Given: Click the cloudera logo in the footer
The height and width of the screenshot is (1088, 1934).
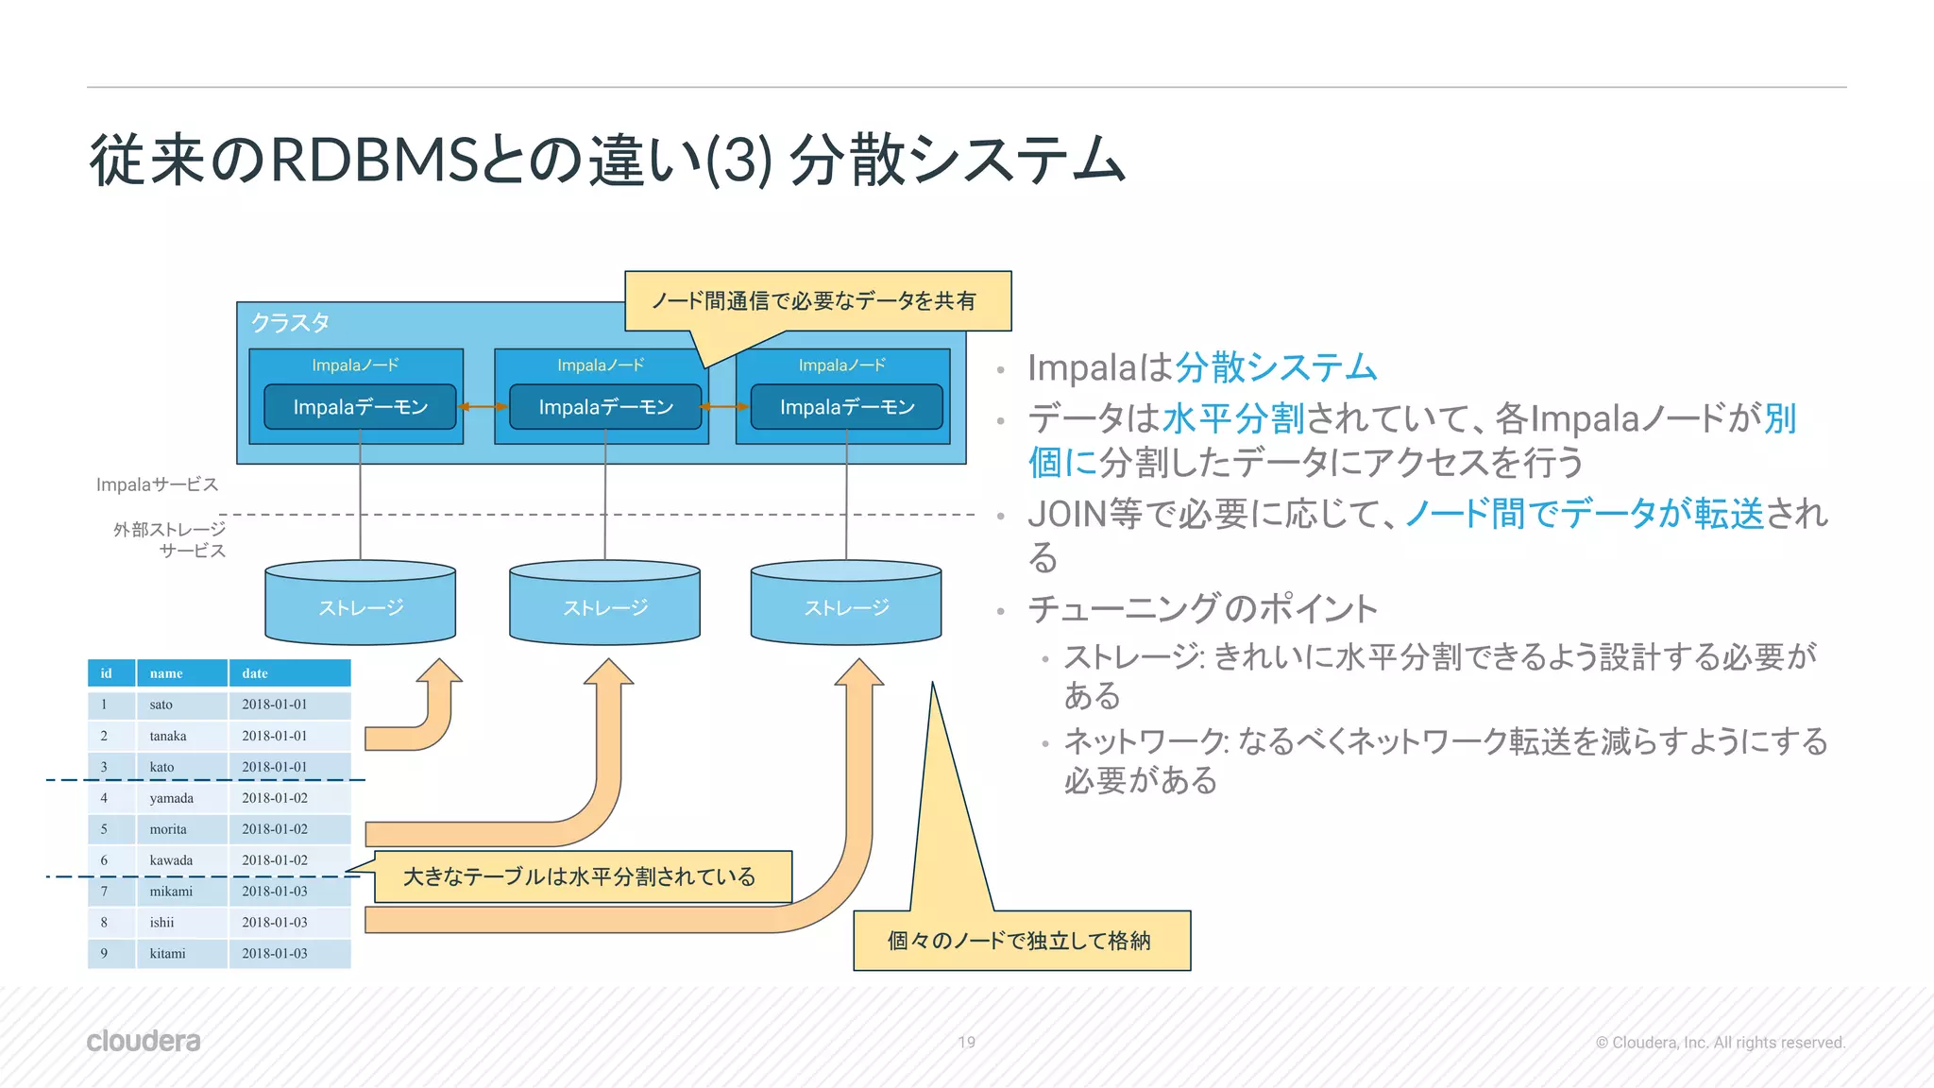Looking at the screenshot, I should click(x=144, y=1041).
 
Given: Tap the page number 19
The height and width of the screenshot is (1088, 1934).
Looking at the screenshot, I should click(x=966, y=1042).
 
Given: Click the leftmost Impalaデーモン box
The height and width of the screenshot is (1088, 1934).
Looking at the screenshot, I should click(x=360, y=407).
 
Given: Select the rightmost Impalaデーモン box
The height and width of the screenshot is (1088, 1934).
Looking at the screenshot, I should click(x=847, y=407).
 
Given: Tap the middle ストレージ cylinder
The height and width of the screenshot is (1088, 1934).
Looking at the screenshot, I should click(x=604, y=606).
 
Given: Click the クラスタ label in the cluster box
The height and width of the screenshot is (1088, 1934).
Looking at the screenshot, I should click(x=290, y=323).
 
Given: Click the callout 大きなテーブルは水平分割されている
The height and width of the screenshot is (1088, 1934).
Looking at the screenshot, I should click(x=580, y=876).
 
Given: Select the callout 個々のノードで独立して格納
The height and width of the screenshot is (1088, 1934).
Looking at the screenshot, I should click(x=1020, y=941).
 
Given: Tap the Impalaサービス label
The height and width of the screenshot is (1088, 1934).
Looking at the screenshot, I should click(x=157, y=484).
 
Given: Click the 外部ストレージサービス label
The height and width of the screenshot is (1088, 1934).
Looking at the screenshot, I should click(x=170, y=540).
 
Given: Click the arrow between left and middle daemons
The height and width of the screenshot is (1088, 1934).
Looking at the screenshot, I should click(x=483, y=407).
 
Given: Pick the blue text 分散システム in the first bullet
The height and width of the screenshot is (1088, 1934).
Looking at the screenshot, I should click(x=1275, y=367).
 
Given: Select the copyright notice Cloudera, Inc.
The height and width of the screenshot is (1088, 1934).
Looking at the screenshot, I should click(x=1720, y=1043).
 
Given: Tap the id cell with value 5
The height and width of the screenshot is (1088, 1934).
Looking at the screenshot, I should click(x=105, y=829).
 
